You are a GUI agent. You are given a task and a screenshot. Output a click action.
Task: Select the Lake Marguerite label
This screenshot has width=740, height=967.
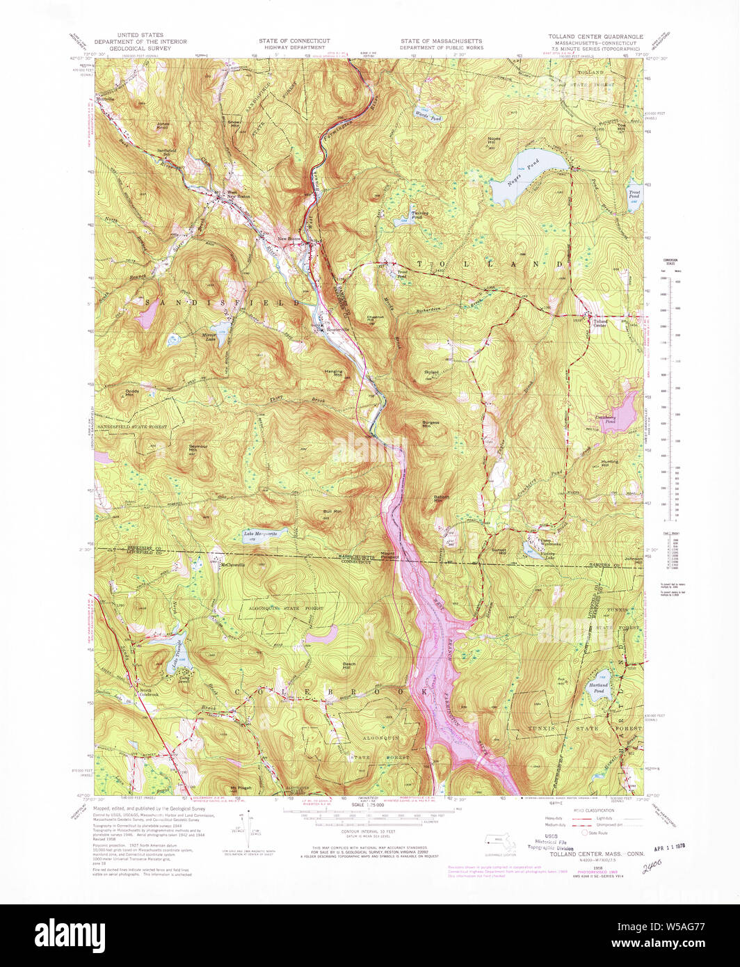click(260, 534)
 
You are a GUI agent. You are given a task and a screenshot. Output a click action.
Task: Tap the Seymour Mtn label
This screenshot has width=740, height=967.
click(194, 448)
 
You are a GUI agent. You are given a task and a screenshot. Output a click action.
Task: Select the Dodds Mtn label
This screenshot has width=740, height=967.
click(132, 392)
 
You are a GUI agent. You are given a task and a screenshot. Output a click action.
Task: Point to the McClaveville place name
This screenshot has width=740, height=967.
click(232, 564)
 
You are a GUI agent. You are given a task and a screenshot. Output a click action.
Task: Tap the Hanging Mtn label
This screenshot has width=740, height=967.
click(334, 373)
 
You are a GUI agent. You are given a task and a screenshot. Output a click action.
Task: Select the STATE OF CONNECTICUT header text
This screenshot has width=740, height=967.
click(294, 41)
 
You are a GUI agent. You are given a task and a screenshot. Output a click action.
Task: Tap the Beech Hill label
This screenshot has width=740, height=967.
click(349, 665)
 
